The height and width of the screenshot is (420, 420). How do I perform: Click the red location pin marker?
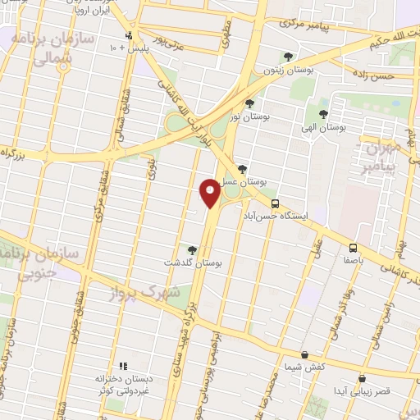point(210,193)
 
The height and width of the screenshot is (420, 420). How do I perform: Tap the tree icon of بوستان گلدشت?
point(192,249)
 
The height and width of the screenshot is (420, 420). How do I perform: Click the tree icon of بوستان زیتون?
point(287,57)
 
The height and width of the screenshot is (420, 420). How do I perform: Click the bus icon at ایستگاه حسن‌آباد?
point(275,203)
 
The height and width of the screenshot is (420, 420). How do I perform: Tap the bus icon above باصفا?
point(353,248)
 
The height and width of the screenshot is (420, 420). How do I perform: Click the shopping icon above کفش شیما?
point(305,355)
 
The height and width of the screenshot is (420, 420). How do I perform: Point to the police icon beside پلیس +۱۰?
point(129,35)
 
